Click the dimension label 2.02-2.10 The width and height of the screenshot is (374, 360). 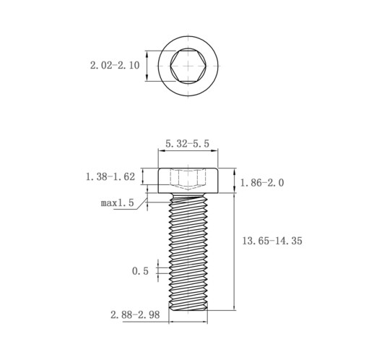coord(115,65)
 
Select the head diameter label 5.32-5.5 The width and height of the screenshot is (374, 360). coord(187,144)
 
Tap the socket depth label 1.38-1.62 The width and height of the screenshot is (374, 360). coord(110,177)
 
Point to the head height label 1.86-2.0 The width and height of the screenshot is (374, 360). coord(262,183)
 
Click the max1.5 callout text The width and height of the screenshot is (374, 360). coord(117,203)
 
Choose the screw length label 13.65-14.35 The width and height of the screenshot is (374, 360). coord(272,241)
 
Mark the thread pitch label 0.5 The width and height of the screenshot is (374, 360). coord(140,271)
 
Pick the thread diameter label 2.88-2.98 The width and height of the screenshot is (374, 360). coord(135,314)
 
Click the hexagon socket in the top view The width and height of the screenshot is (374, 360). coord(188,66)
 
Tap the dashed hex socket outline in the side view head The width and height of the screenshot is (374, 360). coord(188,180)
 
